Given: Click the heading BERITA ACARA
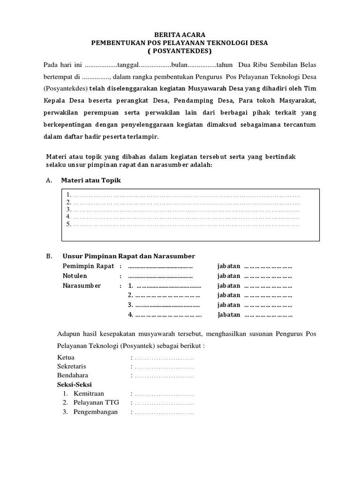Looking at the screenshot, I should coord(180,34).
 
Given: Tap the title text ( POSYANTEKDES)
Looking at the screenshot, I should coord(180,51).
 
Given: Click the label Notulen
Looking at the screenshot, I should coord(75,276).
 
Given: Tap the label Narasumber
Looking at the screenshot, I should coord(82,285).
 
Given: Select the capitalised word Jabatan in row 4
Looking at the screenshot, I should coord(229,315).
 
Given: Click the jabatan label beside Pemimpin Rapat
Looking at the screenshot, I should coord(229,266).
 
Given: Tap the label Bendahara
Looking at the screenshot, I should coord(73,375).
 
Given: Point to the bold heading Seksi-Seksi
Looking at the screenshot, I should coord(75,384).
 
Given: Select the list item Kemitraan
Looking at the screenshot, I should coord(89,393).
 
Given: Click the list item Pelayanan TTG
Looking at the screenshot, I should coord(94,403).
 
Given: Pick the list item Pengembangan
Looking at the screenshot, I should coord(96,412).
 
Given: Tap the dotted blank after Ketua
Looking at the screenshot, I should coord(164,358).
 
